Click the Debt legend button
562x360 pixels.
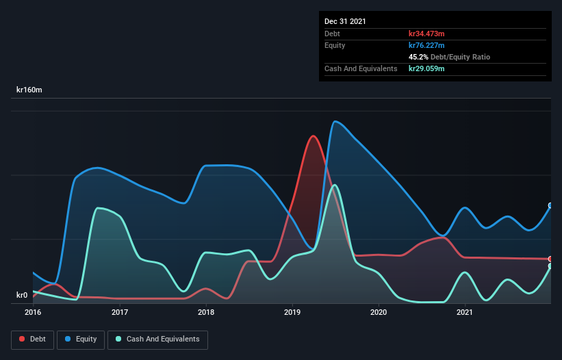31,339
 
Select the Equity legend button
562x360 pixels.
81,339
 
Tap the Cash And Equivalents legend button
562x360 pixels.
157,339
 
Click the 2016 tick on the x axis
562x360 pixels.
33,313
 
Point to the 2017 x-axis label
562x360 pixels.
120,313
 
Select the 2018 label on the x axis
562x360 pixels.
206,313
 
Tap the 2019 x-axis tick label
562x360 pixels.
292,313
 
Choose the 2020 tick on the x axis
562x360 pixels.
379,313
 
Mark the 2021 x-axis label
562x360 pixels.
465,313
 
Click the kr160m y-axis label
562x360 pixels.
30,90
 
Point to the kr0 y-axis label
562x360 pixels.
22,296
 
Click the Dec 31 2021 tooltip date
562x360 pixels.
345,21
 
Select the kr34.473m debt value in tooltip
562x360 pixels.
426,34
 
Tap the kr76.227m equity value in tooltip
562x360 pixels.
426,45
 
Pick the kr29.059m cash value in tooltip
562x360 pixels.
426,68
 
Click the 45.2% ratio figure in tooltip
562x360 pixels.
419,57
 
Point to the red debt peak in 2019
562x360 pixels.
314,136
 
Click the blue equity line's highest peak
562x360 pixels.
335,122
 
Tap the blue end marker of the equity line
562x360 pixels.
550,205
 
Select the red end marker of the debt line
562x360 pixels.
550,259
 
